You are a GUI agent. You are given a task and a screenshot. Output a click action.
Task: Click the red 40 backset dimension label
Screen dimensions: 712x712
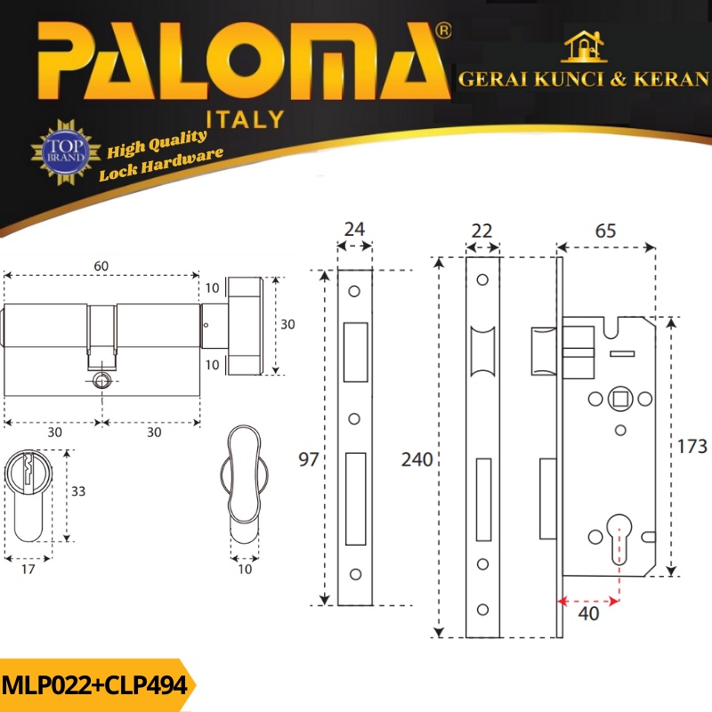pos(588,614)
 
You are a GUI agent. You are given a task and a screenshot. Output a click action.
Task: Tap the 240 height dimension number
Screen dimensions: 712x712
pos(417,460)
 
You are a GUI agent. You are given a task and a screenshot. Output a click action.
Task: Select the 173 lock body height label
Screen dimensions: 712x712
pos(692,447)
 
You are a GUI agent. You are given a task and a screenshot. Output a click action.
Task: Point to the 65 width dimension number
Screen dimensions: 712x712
pos(605,231)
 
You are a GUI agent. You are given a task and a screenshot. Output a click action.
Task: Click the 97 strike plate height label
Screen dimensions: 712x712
pos(308,459)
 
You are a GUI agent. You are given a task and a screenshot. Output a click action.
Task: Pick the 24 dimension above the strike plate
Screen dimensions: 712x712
pos(354,230)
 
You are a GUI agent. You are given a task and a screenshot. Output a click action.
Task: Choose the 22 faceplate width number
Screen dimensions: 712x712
pos(481,231)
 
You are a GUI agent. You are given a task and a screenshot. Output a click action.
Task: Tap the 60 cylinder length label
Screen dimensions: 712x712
pos(101,266)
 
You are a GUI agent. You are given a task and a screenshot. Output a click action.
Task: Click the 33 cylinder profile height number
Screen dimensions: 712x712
pos(78,491)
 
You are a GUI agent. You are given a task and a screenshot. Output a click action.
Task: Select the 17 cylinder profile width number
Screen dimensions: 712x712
pos(28,569)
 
